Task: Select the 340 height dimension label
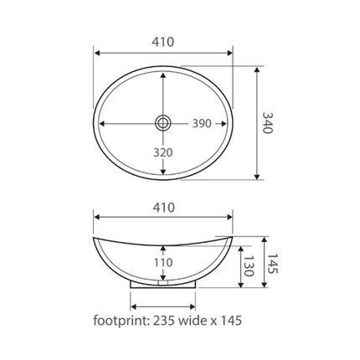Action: (x=270, y=123)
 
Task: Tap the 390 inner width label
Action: (x=202, y=123)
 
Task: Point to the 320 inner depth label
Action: (x=163, y=152)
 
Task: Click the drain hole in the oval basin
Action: (x=163, y=123)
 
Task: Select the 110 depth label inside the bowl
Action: (x=163, y=262)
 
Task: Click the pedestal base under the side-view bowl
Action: (x=163, y=283)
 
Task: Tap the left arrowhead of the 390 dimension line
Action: (x=101, y=123)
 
